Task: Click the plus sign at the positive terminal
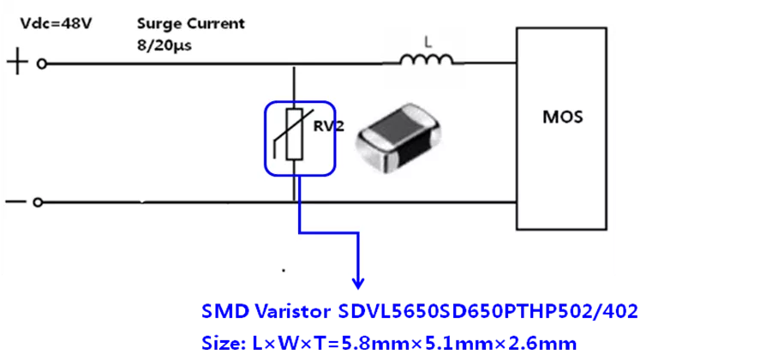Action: [x=17, y=63]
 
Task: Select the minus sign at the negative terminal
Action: [x=15, y=202]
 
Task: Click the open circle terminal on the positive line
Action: [x=39, y=63]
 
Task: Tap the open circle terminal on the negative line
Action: [x=37, y=202]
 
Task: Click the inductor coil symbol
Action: [x=427, y=61]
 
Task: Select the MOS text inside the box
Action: [x=564, y=117]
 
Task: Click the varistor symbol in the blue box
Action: [x=293, y=135]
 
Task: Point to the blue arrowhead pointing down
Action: [x=359, y=282]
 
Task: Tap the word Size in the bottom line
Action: [x=219, y=343]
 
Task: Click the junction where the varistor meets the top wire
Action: [x=294, y=63]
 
